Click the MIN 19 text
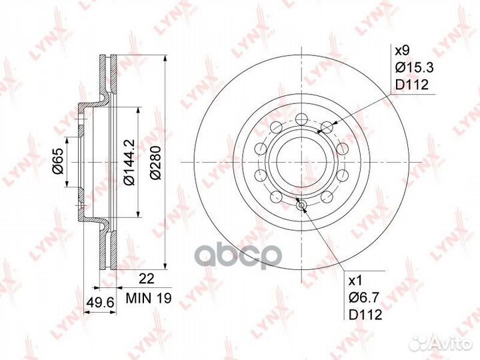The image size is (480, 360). click(145, 301)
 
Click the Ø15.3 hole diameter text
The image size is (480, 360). click(412, 67)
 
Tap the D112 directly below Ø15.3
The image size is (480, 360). click(411, 84)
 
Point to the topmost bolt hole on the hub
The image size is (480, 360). click(300, 118)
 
